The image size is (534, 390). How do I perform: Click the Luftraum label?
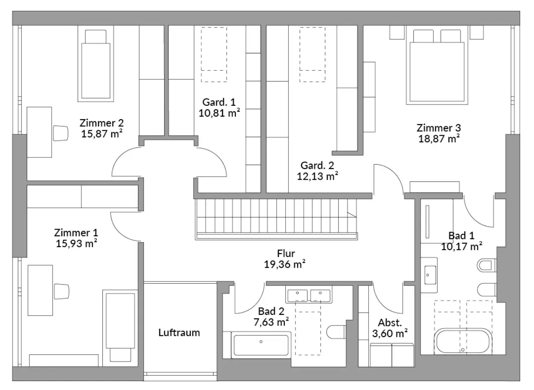179,333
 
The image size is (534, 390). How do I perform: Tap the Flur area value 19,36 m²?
285,264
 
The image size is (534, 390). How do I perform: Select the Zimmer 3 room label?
439,128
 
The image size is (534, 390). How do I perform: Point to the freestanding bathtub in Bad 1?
463,341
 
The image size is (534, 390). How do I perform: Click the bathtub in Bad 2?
261,345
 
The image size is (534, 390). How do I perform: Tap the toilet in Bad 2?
336,332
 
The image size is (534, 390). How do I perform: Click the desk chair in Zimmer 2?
61,133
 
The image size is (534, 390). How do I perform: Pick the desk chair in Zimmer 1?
61,291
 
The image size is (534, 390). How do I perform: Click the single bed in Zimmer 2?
96,64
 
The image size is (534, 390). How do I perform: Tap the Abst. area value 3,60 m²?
390,334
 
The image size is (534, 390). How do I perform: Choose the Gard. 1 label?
219,102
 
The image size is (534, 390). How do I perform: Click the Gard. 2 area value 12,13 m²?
317,176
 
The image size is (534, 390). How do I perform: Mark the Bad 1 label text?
461,236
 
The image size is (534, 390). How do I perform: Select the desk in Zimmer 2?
39,132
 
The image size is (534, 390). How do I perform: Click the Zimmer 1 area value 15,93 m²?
76,244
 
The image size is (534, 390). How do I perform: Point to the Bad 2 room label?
271,311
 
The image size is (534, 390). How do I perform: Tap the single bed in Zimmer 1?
120,328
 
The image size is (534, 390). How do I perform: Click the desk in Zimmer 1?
40,290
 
